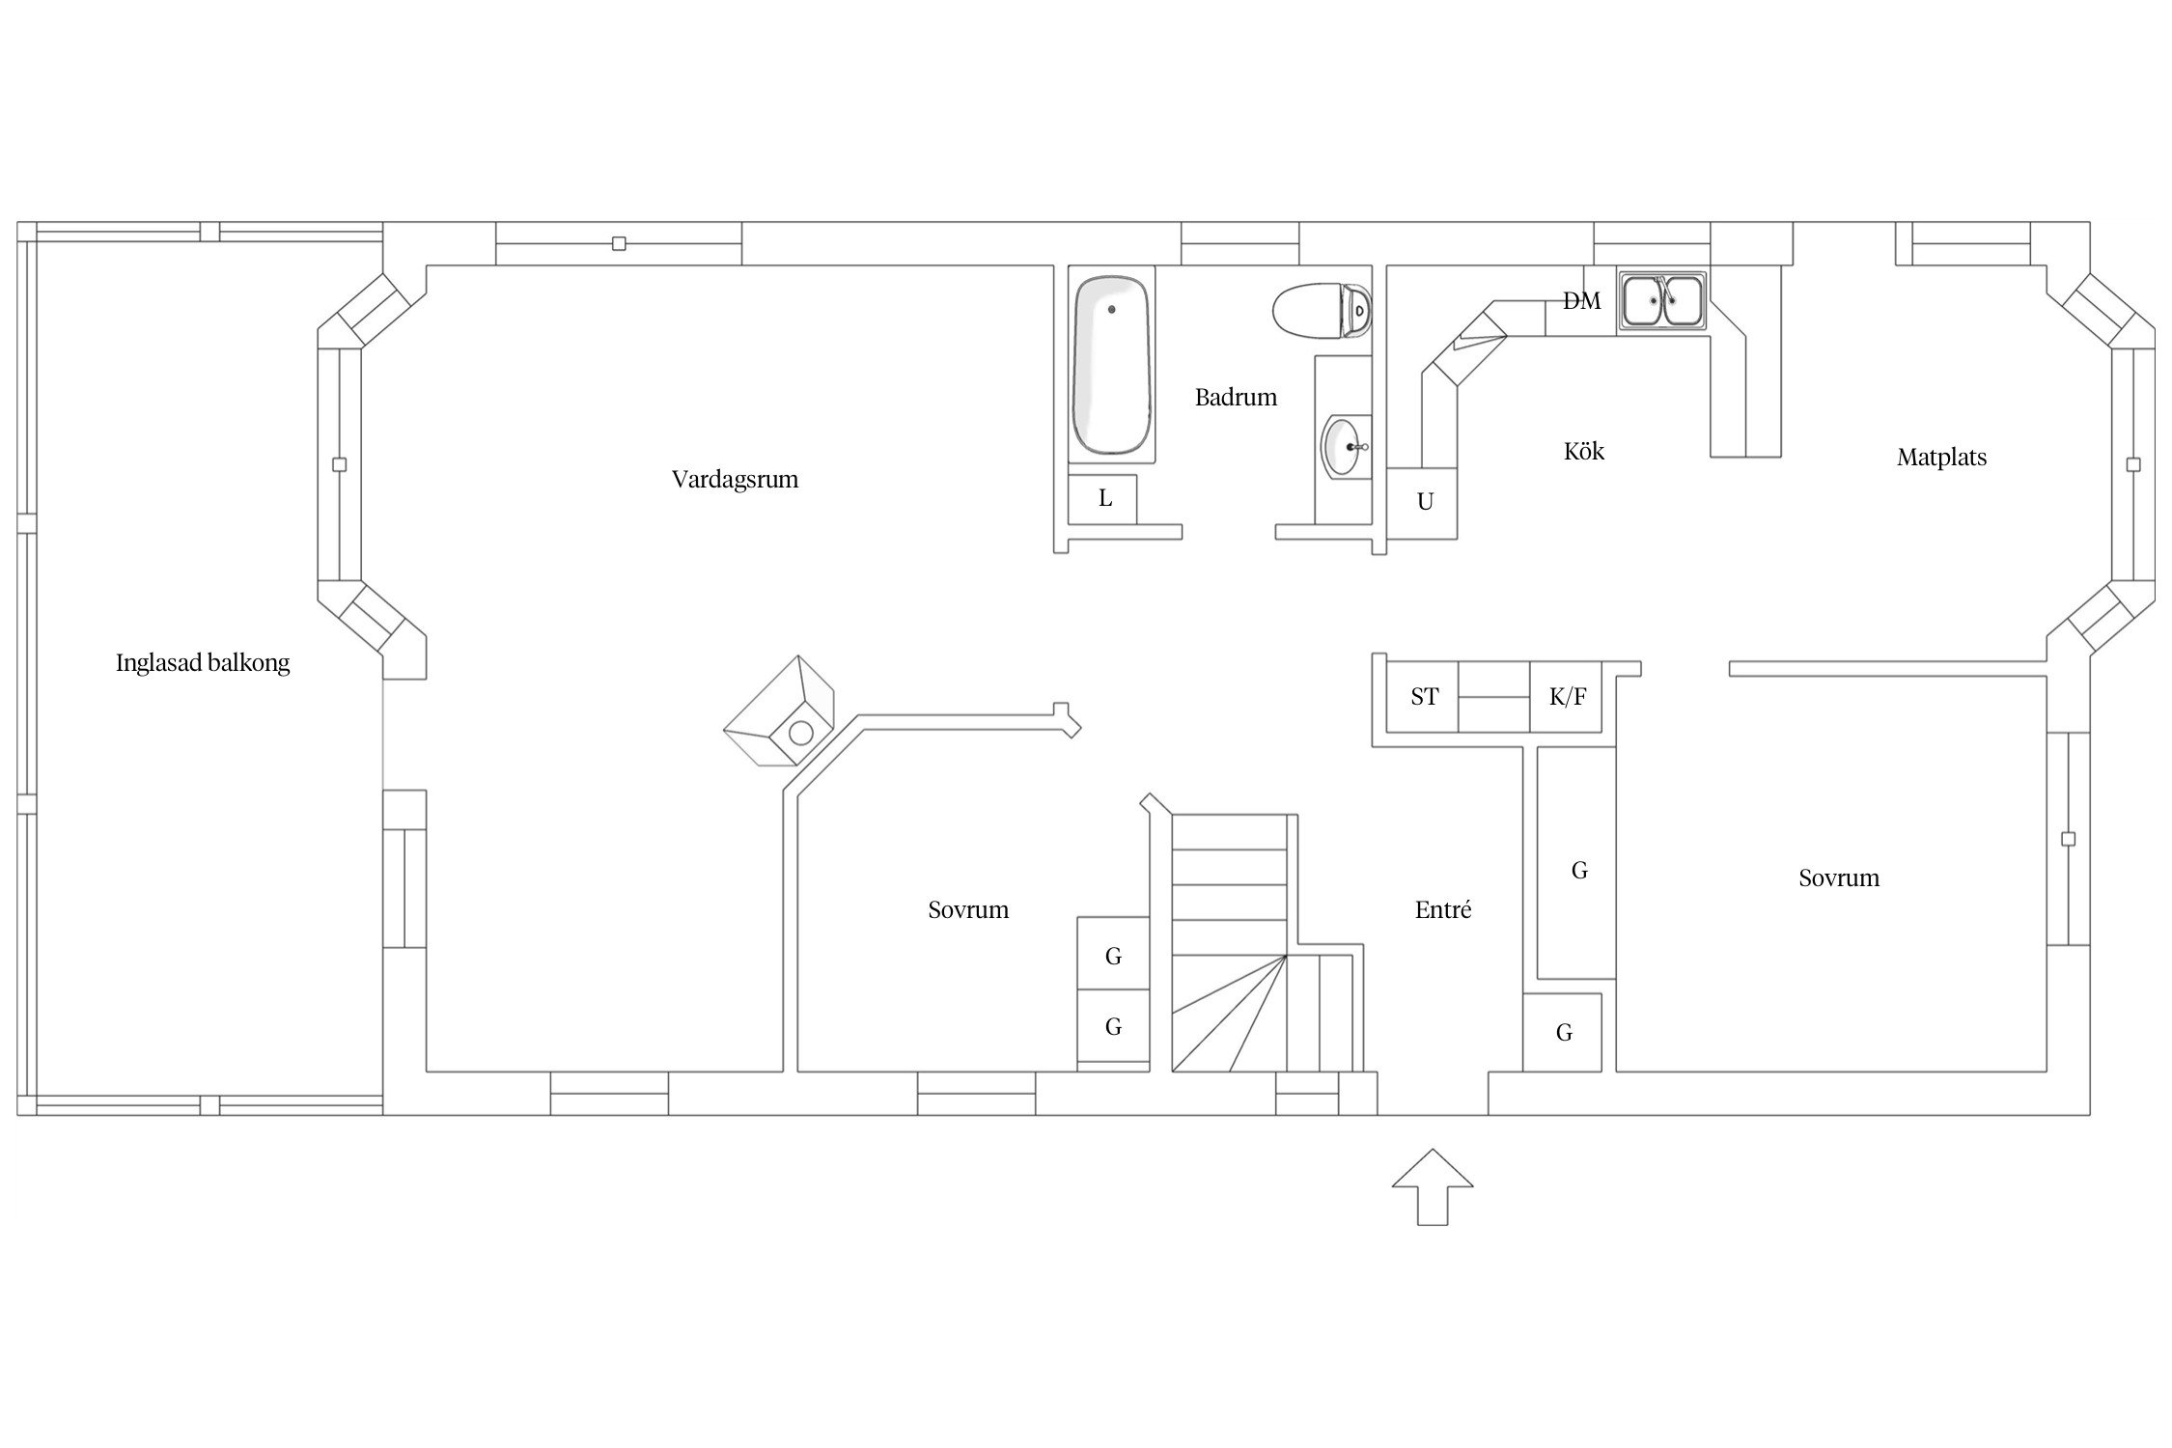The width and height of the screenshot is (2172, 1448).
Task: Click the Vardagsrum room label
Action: click(x=735, y=480)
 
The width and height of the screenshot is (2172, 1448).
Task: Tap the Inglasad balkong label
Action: click(x=203, y=662)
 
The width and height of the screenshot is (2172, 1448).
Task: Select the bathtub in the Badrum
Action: click(x=1112, y=366)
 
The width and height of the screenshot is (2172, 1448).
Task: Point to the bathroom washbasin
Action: click(x=1346, y=446)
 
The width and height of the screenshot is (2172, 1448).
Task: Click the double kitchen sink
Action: click(x=1662, y=300)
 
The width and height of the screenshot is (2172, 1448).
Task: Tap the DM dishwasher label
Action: click(x=1581, y=301)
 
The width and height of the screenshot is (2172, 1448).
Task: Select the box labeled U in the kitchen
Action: click(x=1422, y=503)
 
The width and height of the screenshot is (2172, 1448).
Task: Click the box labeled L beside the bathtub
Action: click(x=1103, y=499)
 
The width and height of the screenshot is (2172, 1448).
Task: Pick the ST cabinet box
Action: click(x=1422, y=697)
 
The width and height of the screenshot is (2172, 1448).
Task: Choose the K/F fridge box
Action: click(x=1567, y=697)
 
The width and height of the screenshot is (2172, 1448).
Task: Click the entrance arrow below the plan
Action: click(x=1433, y=1186)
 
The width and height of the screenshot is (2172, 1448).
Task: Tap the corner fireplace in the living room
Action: click(x=779, y=711)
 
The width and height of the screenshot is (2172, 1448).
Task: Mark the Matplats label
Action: click(x=1941, y=458)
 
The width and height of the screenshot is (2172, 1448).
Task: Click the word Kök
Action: click(x=1584, y=451)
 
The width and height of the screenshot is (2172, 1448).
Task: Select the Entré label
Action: click(x=1443, y=909)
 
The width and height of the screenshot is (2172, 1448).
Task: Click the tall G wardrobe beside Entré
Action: click(x=1576, y=863)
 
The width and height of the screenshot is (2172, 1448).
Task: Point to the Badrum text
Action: click(x=1236, y=397)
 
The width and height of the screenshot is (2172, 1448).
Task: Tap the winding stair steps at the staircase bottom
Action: click(x=1229, y=1014)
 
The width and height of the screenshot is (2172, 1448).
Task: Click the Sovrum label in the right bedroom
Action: click(x=1839, y=878)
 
